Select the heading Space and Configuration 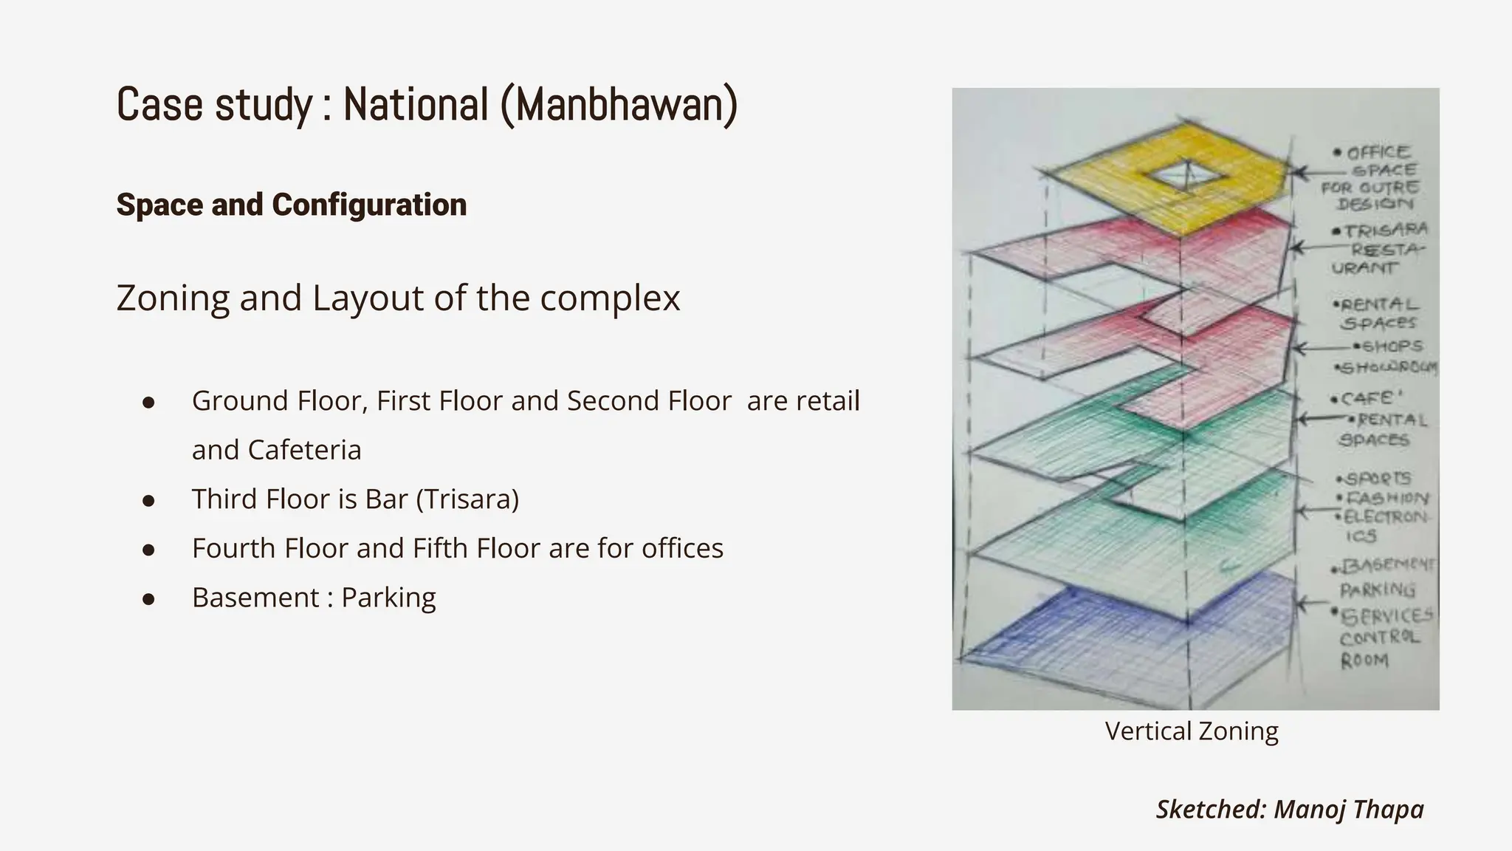tap(292, 205)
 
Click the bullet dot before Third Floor tap(148, 501)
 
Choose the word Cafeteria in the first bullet tap(305, 450)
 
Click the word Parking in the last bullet tap(388, 598)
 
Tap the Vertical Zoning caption tap(1192, 731)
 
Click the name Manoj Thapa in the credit tap(1349, 809)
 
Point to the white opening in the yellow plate tap(1186, 175)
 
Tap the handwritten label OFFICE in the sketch tap(1378, 153)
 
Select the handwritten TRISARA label tap(1386, 230)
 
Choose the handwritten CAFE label tap(1366, 399)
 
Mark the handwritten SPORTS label tap(1378, 479)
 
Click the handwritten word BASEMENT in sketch tap(1386, 566)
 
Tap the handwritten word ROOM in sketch tap(1364, 660)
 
